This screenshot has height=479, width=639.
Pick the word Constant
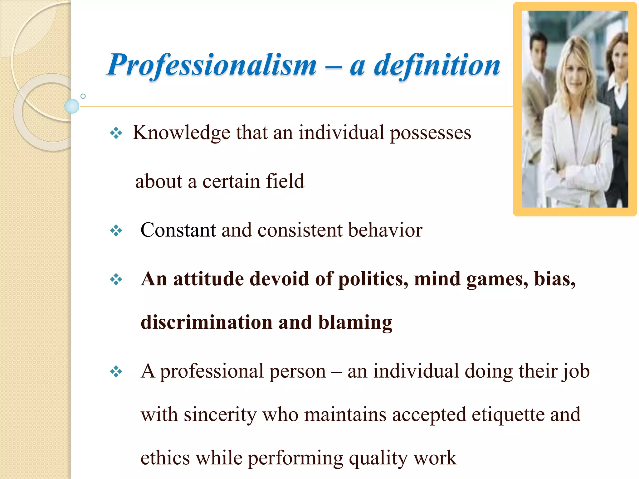178,230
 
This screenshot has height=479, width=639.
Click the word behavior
385,230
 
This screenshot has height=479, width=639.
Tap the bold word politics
373,279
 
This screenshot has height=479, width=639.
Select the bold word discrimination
207,322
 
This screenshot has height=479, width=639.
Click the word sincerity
220,415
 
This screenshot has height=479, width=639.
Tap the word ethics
165,458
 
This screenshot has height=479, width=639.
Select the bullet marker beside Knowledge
116,133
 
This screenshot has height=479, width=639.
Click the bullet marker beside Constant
116,231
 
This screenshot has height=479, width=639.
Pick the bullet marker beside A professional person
116,371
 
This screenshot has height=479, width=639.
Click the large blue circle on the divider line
72,106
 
